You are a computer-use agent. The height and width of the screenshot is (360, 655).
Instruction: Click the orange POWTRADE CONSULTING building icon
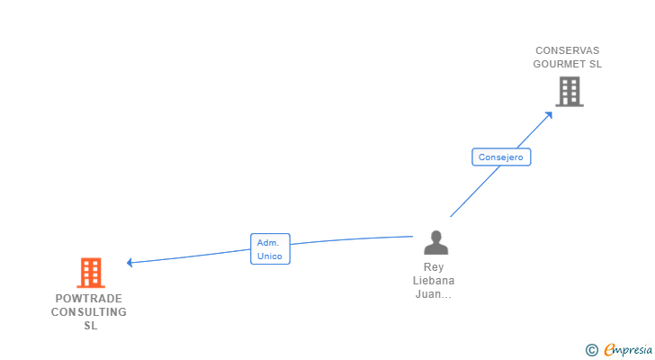click(x=91, y=272)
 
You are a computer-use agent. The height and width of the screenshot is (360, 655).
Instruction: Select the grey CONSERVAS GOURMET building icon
click(x=569, y=91)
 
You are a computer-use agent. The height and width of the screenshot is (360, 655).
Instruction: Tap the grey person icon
click(x=435, y=243)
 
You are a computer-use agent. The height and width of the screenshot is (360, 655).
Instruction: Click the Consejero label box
click(x=501, y=157)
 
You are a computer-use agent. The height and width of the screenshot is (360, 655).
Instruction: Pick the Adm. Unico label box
click(x=270, y=249)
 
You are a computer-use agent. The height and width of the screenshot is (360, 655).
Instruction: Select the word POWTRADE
click(x=89, y=299)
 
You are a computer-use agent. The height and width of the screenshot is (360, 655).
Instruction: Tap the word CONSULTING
click(x=89, y=312)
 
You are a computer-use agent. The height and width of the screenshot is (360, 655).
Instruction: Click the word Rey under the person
click(x=434, y=267)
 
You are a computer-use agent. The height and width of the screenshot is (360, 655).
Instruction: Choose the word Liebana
click(x=434, y=281)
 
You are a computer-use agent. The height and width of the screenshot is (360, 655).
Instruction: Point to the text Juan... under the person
click(x=434, y=294)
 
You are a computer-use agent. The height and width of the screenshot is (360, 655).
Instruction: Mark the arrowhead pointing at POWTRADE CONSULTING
click(x=130, y=263)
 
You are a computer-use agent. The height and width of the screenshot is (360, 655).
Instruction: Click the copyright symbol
click(x=591, y=350)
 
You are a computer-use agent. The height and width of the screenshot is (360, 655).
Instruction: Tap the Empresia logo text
click(x=627, y=349)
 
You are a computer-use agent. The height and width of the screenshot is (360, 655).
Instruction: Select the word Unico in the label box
click(x=270, y=256)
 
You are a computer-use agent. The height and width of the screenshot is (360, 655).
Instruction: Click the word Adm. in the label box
click(x=268, y=243)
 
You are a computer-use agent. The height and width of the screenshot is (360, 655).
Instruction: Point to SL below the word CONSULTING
click(x=90, y=326)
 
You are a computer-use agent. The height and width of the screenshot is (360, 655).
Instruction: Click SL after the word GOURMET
click(x=595, y=64)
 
